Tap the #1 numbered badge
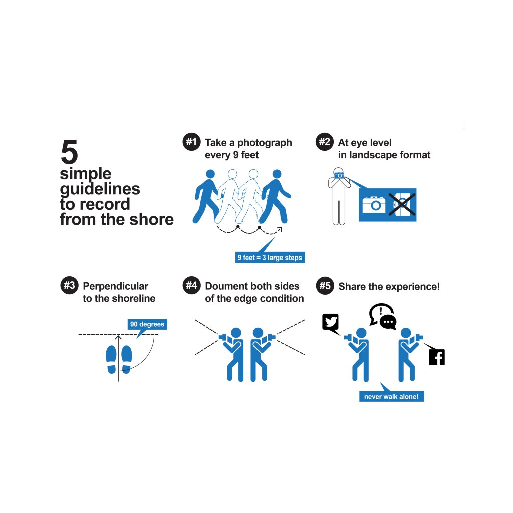(x=191, y=142)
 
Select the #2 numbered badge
(x=325, y=142)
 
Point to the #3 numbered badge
(x=69, y=285)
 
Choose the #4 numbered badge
(x=191, y=285)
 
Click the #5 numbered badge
(x=325, y=285)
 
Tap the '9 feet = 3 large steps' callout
(x=270, y=258)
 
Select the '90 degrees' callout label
(x=147, y=324)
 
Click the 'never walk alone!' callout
(x=391, y=397)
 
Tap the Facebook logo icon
(x=437, y=357)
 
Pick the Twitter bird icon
(x=331, y=322)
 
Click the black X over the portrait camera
(x=402, y=204)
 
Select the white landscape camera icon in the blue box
(x=374, y=205)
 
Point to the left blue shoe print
(x=111, y=359)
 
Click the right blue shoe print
(x=126, y=359)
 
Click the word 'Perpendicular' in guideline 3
(x=116, y=286)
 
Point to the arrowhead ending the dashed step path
(x=280, y=229)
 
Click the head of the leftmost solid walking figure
(x=210, y=174)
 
